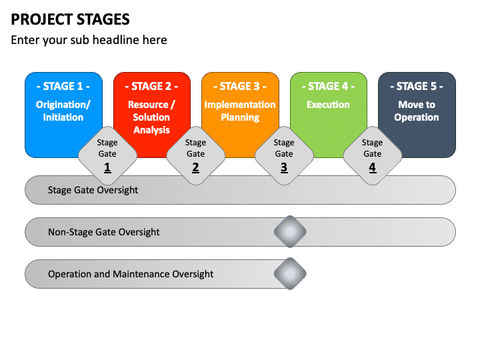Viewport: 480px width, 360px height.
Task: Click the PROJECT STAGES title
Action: click(70, 19)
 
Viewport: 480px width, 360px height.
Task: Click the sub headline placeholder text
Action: click(89, 40)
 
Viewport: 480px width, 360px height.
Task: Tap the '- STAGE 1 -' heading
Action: click(63, 86)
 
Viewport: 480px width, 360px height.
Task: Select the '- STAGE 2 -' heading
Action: click(151, 86)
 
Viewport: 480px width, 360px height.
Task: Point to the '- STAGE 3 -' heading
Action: click(240, 86)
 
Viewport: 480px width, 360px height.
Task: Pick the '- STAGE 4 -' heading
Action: click(328, 86)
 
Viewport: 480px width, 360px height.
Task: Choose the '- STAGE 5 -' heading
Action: click(417, 86)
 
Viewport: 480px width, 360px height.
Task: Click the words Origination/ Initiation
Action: click(63, 111)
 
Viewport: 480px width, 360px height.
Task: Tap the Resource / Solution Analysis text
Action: click(151, 117)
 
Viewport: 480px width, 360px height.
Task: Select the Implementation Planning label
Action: click(240, 111)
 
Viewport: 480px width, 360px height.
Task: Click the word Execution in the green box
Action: click(328, 105)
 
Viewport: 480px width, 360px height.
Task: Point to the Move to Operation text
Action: click(417, 111)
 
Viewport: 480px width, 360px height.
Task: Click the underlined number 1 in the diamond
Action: click(107, 167)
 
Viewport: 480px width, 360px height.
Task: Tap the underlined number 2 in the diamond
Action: click(195, 167)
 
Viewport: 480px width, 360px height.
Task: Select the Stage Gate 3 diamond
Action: click(284, 156)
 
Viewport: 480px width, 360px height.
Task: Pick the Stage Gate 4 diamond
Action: click(373, 156)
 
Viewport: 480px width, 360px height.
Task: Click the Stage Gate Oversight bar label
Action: click(93, 190)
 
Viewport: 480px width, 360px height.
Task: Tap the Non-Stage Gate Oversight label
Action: click(104, 232)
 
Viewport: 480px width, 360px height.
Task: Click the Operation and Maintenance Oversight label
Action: click(131, 274)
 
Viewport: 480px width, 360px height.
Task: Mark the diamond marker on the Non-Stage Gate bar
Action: click(290, 232)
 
